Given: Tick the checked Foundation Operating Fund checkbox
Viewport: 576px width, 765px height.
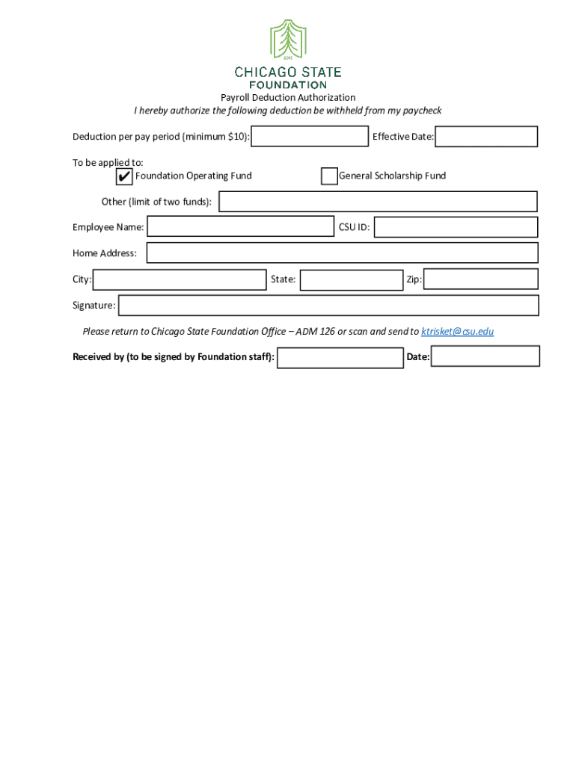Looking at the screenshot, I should pyautogui.click(x=124, y=176).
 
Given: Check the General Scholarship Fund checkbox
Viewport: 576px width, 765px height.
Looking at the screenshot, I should pyautogui.click(x=329, y=176).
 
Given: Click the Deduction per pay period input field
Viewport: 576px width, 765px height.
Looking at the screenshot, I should pyautogui.click(x=310, y=137).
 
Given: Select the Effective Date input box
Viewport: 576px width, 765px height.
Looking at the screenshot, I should pyautogui.click(x=486, y=137).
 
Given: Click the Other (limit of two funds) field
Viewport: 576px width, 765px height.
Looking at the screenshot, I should pyautogui.click(x=378, y=202).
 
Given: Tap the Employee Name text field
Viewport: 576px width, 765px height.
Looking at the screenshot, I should pyautogui.click(x=240, y=227).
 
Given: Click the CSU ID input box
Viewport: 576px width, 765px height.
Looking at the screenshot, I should pyautogui.click(x=456, y=227).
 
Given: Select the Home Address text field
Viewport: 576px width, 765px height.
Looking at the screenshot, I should pyautogui.click(x=342, y=253).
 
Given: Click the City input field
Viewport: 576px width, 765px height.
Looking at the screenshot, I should pyautogui.click(x=180, y=279).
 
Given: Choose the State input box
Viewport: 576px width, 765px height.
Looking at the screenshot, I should pyautogui.click(x=351, y=280).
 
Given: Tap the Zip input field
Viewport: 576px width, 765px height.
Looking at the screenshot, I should pyautogui.click(x=480, y=279).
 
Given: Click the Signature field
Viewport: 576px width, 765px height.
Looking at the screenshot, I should pyautogui.click(x=328, y=306).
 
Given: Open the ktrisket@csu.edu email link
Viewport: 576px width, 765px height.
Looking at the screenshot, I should pyautogui.click(x=457, y=332).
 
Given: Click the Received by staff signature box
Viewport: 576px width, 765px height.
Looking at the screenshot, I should pyautogui.click(x=340, y=358).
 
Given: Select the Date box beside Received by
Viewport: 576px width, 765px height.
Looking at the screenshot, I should pyautogui.click(x=485, y=357).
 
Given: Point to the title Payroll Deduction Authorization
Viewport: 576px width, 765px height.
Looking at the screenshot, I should pyautogui.click(x=287, y=98).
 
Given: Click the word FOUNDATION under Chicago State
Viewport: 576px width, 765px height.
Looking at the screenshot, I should pyautogui.click(x=288, y=85).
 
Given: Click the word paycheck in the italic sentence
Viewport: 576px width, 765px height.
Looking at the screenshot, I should pyautogui.click(x=422, y=111).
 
